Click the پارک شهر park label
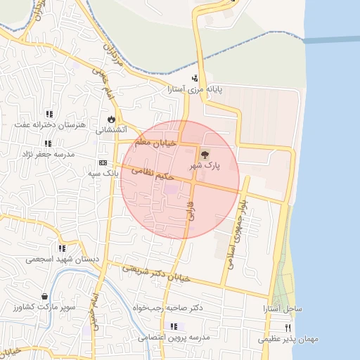(x=205, y=165)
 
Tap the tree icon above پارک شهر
(x=205, y=153)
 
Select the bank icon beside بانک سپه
(x=103, y=162)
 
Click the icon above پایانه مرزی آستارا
(x=195, y=78)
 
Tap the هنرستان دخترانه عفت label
(x=49, y=125)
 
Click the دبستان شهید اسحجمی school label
(x=63, y=259)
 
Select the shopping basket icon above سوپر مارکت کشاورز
(x=46, y=297)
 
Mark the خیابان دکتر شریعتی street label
(x=156, y=273)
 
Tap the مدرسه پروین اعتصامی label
(x=173, y=337)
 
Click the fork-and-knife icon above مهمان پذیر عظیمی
(x=287, y=328)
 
